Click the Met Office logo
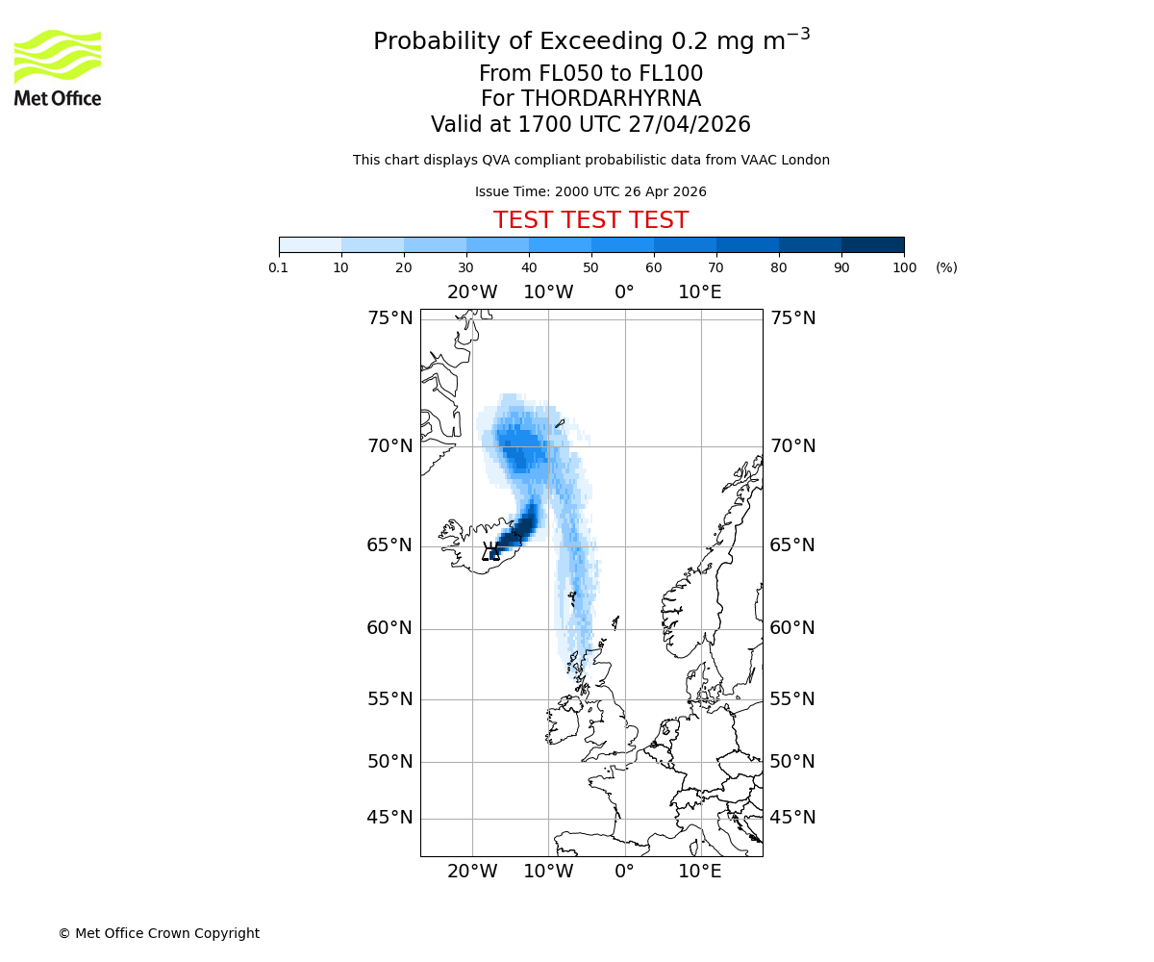(58, 67)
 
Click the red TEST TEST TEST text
(590, 220)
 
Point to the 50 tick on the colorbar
(591, 267)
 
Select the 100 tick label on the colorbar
(904, 267)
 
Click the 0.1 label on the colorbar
(279, 267)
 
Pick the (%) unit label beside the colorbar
(946, 267)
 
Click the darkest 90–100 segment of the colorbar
(872, 244)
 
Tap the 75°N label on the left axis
(389, 318)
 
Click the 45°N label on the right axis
(792, 818)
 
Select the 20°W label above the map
(472, 292)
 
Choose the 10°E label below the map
(700, 872)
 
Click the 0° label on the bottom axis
(624, 872)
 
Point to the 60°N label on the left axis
(389, 628)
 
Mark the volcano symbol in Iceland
(490, 551)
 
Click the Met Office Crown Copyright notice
(159, 933)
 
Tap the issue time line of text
(590, 191)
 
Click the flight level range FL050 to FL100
(590, 74)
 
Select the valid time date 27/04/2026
(690, 125)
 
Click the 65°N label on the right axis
(792, 545)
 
